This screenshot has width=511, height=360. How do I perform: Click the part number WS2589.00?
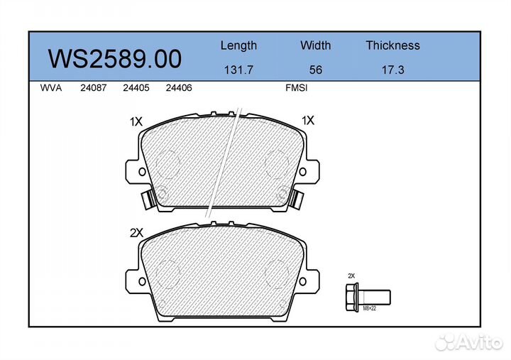115,59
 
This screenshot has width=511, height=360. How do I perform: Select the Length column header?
238,45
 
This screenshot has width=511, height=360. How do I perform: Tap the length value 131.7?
238,70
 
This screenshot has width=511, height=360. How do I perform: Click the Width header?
315,45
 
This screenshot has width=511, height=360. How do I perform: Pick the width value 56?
315,70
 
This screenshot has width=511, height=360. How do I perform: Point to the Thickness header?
392,45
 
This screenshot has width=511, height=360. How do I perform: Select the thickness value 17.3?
393,70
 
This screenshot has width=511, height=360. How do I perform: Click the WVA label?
51,88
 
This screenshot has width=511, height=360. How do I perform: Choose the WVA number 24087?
94,88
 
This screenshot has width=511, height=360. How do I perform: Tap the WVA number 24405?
136,88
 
